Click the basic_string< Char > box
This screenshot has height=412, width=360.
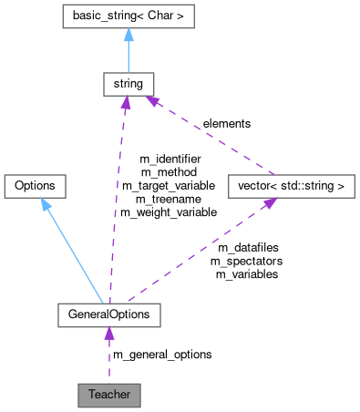tap(128, 16)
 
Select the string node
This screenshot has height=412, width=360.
tap(126, 85)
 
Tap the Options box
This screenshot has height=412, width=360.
tap(35, 186)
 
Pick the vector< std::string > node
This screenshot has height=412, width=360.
tap(289, 186)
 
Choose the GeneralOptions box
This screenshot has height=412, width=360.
tap(109, 314)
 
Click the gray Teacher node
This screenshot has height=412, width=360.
tap(109, 396)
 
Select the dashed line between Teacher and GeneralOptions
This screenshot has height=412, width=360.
tap(109, 360)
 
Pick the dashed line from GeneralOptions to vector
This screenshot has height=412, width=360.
tap(196, 255)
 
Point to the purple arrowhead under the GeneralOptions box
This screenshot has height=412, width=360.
tap(109, 334)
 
